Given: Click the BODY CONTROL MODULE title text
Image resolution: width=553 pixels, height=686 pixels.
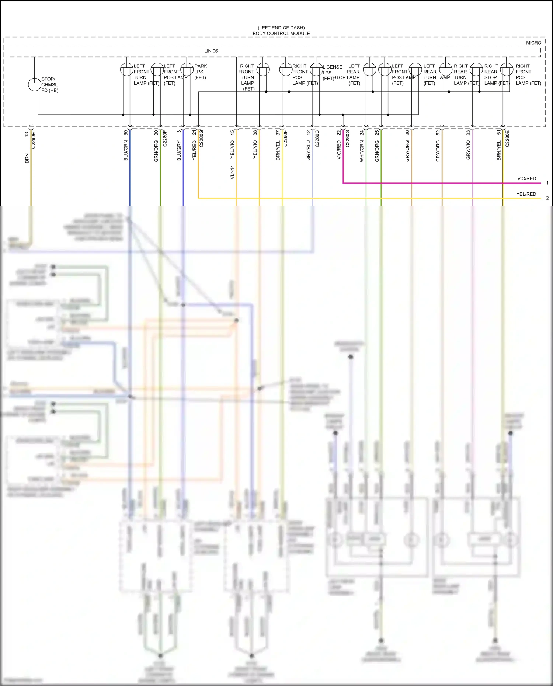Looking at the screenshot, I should tap(281, 33).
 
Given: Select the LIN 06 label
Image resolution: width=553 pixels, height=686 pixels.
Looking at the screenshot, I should tap(211, 51).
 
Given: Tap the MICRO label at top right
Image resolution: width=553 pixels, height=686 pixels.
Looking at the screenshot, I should tap(533, 43).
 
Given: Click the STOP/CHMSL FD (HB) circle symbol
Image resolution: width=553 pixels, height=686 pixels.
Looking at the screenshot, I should tap(35, 84).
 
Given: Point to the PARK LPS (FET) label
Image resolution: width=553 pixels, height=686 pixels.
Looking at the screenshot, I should tap(200, 72).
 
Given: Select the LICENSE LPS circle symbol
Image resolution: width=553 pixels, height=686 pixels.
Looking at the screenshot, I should tap(316, 69).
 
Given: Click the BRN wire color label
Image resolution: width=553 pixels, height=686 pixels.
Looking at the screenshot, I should tap(27, 159).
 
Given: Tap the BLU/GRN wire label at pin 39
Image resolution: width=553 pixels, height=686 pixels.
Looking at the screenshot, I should tap(126, 150).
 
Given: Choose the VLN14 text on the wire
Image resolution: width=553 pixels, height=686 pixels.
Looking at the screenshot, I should tap(232, 172).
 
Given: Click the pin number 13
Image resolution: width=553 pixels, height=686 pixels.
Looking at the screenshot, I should tap(27, 135).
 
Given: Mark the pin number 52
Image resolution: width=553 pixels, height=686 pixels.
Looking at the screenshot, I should tap(438, 133).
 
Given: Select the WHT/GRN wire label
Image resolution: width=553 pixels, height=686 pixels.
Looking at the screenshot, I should tap(362, 151).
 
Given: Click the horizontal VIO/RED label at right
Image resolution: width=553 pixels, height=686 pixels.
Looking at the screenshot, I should tap(526, 178).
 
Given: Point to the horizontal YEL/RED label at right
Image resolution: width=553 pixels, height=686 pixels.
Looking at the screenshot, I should tap(526, 194).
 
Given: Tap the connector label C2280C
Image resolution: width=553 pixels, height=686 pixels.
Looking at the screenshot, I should tap(317, 139).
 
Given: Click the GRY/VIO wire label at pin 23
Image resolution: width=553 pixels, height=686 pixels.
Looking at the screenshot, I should tap(468, 150).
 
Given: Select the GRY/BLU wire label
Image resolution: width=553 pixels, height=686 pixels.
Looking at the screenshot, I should tap(309, 150).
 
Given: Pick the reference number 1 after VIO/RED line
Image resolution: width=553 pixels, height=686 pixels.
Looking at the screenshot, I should tap(547, 183).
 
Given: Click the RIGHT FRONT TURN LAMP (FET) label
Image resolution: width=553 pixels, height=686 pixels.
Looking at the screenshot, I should tap(247, 77).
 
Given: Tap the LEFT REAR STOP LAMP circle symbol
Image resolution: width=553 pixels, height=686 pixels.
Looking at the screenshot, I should tap(369, 69).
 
